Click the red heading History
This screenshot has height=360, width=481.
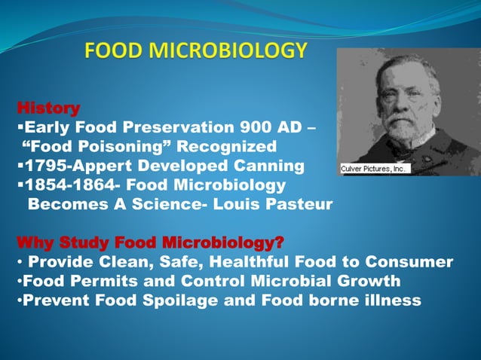point(48,108)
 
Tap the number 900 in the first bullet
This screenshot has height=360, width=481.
point(253,127)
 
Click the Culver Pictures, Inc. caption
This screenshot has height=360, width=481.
point(374,169)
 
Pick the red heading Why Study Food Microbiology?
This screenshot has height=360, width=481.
point(150,243)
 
